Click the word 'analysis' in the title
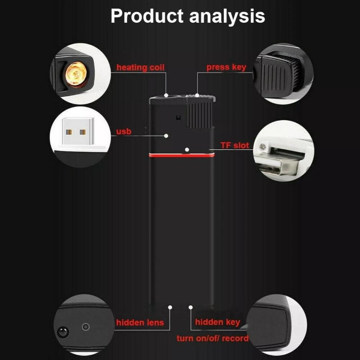(227, 17)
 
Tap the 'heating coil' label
(140, 67)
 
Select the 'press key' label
(226, 67)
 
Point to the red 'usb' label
(124, 131)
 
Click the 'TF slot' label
(235, 145)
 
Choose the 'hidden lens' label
(140, 322)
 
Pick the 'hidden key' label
(217, 322)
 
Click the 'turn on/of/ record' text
(213, 338)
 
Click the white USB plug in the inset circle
(78, 131)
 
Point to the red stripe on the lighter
(182, 155)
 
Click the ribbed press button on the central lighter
(200, 115)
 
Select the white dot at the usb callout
(166, 136)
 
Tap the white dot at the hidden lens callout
(170, 307)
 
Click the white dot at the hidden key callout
(190, 307)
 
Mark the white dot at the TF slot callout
(187, 150)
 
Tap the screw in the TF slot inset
(262, 146)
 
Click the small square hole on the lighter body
(178, 118)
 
